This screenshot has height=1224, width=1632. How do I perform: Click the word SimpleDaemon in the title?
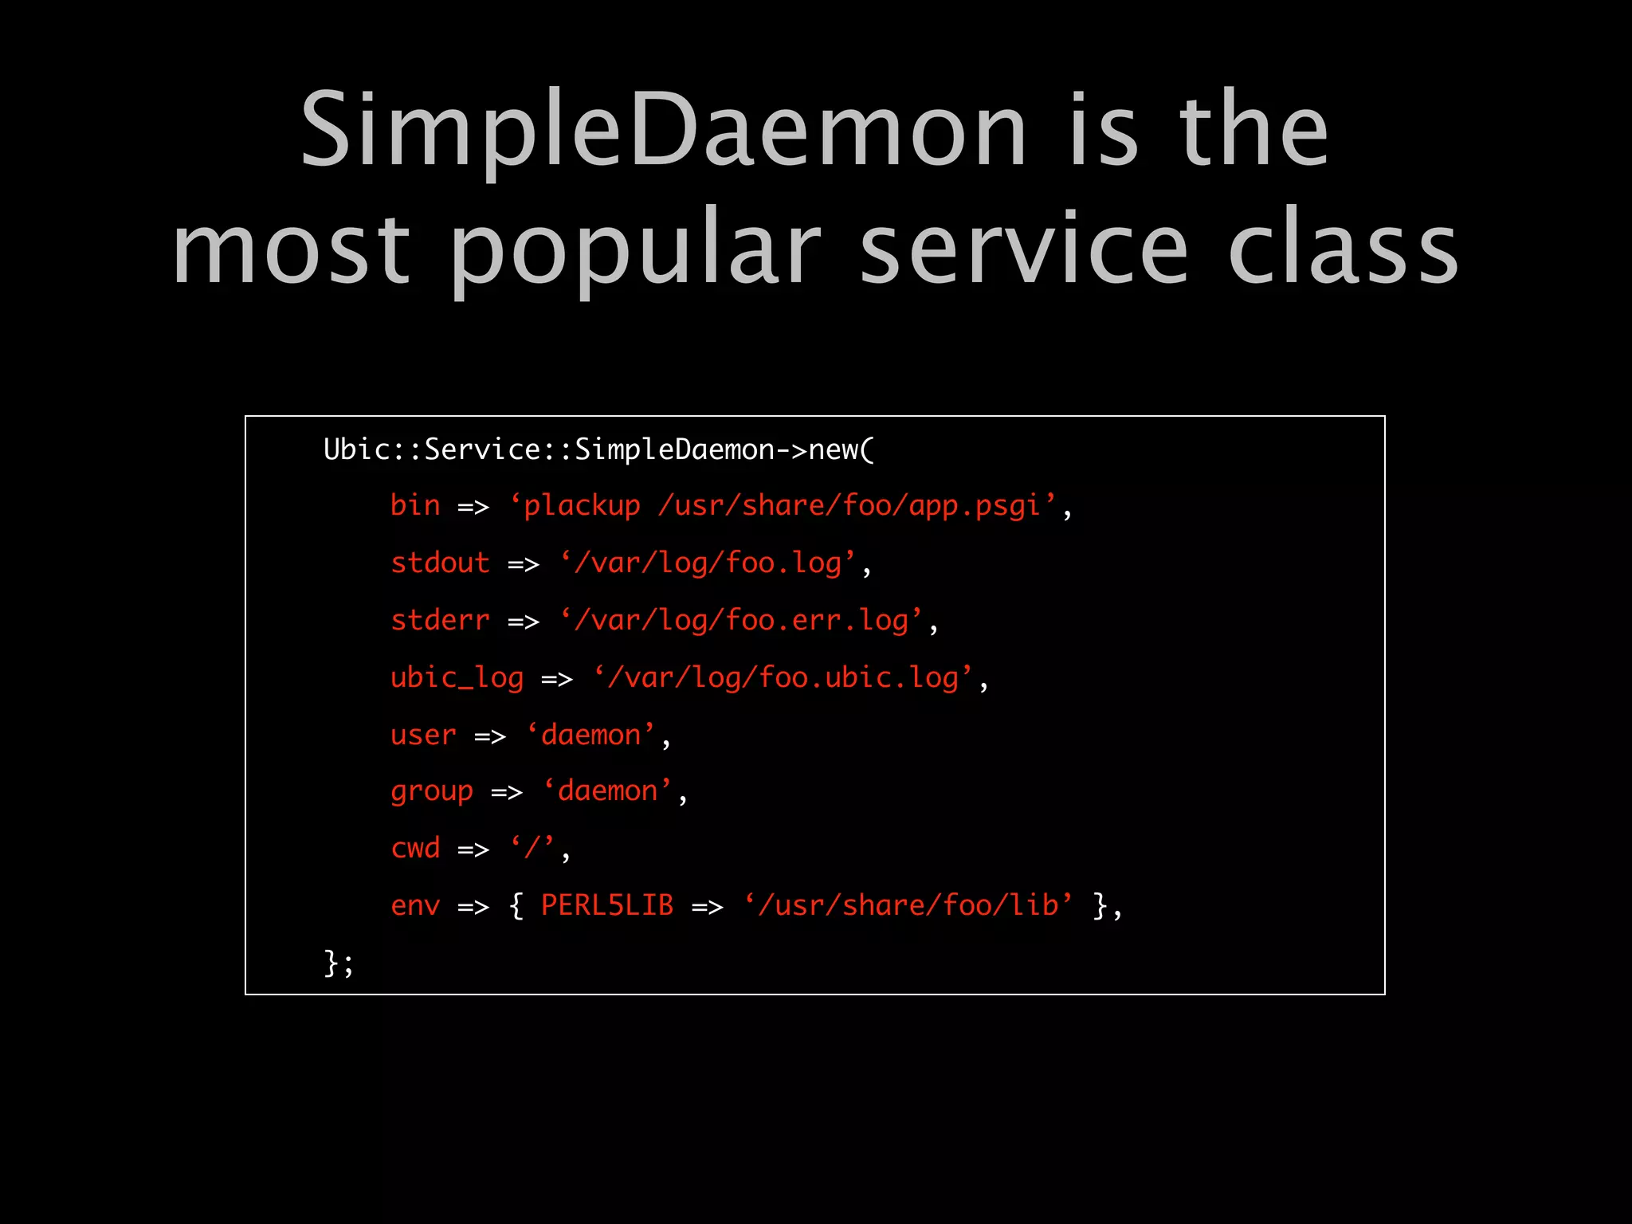(x=663, y=131)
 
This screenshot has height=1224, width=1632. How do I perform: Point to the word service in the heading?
(x=1024, y=249)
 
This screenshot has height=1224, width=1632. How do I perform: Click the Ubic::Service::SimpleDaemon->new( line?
(x=598, y=450)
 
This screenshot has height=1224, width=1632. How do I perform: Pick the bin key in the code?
(x=415, y=505)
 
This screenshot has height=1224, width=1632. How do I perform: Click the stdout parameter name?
(x=440, y=563)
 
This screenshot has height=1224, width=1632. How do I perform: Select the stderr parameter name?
(x=440, y=620)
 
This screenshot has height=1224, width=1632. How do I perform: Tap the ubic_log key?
(x=457, y=677)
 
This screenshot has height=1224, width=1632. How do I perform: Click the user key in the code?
(x=423, y=735)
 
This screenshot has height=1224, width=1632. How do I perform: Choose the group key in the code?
(x=432, y=791)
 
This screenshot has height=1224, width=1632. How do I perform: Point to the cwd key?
(x=415, y=848)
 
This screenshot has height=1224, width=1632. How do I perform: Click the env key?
(x=415, y=905)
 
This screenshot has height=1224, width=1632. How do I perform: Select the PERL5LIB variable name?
(x=607, y=905)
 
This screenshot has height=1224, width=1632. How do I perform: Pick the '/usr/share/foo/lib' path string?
(x=908, y=905)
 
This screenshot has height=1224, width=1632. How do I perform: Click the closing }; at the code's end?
(x=338, y=963)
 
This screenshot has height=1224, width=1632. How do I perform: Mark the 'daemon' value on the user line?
(x=590, y=735)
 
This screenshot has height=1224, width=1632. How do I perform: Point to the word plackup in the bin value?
(x=582, y=505)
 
